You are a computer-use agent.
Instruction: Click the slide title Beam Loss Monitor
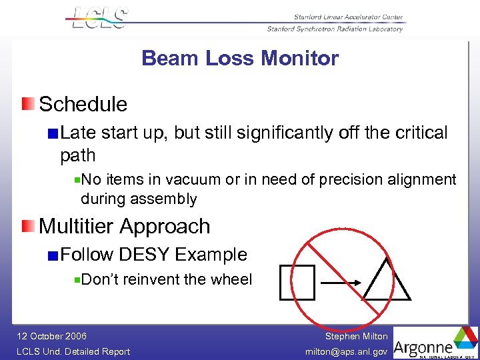point(240,59)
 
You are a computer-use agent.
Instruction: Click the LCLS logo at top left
point(99,18)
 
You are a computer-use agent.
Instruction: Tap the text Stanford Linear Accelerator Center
point(348,17)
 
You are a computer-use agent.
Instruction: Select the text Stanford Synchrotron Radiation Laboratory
point(335,29)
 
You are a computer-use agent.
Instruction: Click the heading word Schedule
point(83,104)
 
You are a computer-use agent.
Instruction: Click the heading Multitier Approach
point(125,226)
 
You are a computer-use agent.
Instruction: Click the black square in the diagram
point(297,282)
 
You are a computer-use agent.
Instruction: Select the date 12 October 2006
point(52,336)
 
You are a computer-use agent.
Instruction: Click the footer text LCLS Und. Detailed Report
point(73,351)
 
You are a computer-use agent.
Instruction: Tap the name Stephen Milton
point(356,336)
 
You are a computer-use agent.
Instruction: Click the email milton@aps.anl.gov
point(346,351)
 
